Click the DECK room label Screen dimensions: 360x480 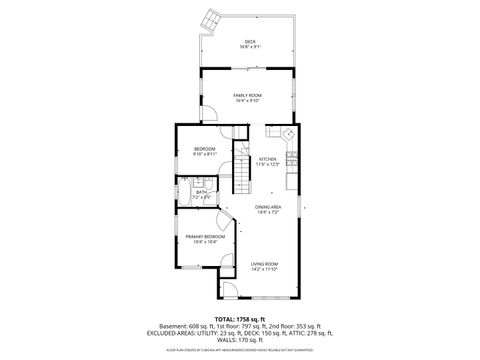click(x=250, y=41)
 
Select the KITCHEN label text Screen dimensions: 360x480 click(x=268, y=158)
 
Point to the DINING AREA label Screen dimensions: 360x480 click(x=269, y=206)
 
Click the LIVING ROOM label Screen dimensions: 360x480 click(x=264, y=263)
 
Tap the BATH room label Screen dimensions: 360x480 click(x=201, y=192)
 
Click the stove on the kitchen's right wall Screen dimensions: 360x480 click(x=291, y=157)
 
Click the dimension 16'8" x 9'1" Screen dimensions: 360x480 click(x=250, y=47)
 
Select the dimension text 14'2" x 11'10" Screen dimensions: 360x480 click(x=264, y=269)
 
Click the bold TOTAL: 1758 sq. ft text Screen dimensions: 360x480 click(x=240, y=318)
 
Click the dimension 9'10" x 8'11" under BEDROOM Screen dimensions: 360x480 click(x=205, y=155)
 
